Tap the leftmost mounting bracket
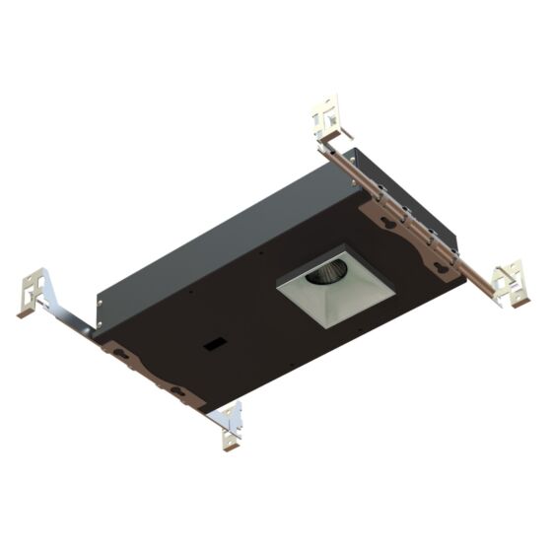35,289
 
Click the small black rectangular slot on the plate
212,345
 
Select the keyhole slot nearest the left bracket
120,350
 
